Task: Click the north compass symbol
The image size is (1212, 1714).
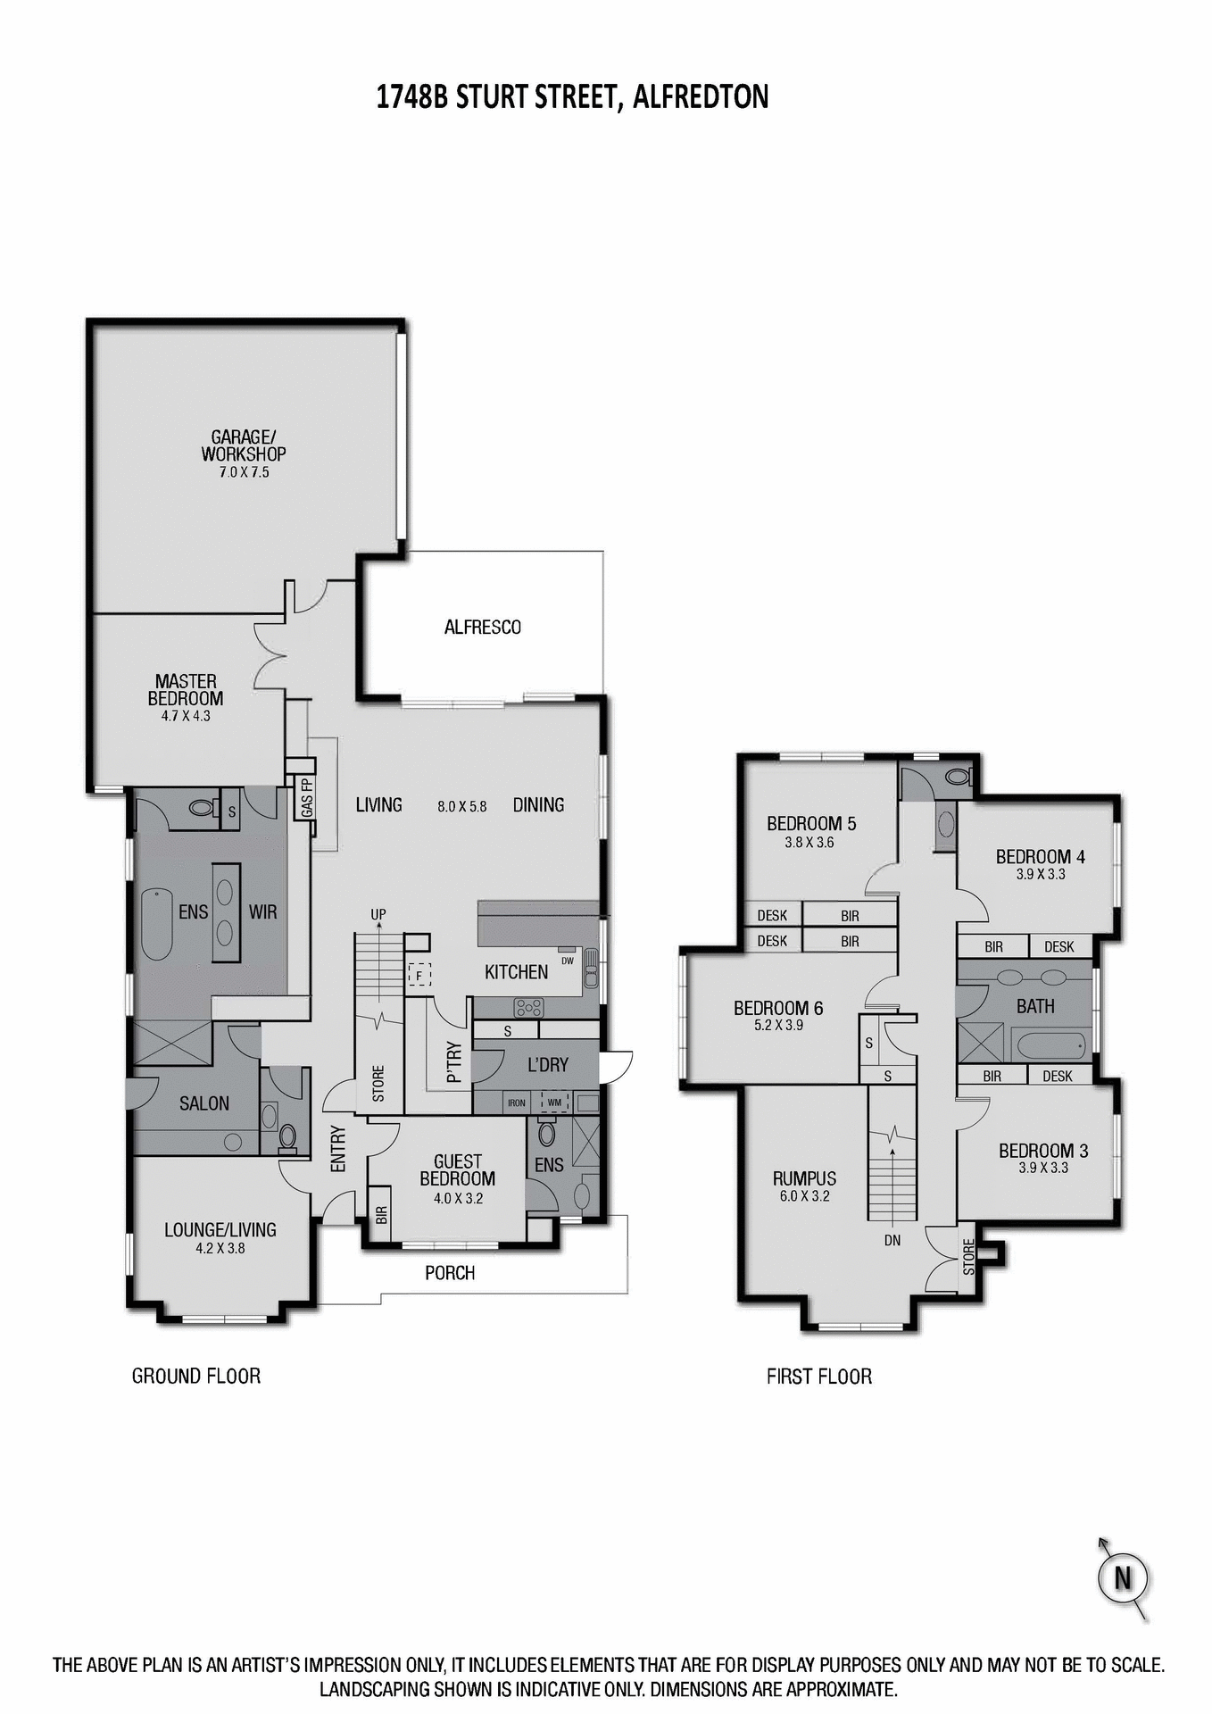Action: [1122, 1577]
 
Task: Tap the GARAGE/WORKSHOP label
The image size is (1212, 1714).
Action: [243, 445]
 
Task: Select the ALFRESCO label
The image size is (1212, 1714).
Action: [482, 628]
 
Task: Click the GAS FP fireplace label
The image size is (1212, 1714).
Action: [306, 797]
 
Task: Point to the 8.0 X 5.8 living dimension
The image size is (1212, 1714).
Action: [462, 806]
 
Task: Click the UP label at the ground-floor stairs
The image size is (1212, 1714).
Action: [378, 915]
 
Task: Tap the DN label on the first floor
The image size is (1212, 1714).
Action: [892, 1240]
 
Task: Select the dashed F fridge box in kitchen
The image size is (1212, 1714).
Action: [419, 975]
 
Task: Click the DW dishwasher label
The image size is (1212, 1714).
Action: [568, 961]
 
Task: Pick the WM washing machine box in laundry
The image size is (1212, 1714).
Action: [554, 1102]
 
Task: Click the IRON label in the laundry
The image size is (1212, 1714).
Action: [517, 1103]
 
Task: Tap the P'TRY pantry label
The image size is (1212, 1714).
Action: [454, 1062]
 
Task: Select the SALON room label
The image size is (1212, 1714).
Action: [203, 1103]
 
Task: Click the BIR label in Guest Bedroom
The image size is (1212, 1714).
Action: [381, 1214]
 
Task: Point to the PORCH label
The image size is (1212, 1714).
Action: [450, 1273]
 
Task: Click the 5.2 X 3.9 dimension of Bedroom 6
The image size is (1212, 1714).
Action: [778, 1026]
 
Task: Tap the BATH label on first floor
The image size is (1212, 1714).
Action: [1035, 1007]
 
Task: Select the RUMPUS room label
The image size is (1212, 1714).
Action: [804, 1178]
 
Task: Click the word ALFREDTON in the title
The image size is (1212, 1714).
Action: [701, 96]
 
